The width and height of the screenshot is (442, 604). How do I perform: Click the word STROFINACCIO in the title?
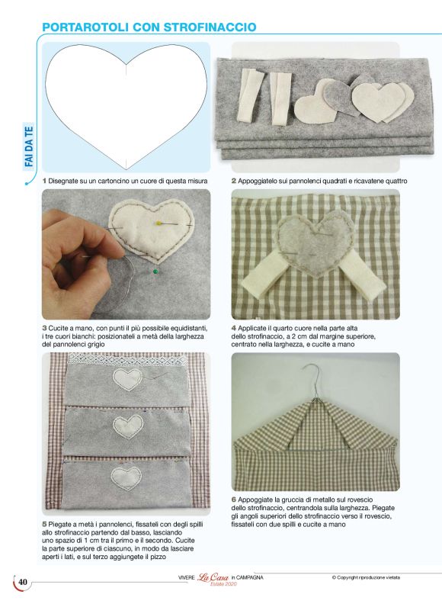pyautogui.click(x=210, y=27)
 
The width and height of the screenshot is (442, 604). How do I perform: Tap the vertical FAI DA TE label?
pyautogui.click(x=29, y=146)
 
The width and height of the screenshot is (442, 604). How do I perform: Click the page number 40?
pyautogui.click(x=23, y=582)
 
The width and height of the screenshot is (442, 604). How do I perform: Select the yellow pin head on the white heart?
pyautogui.click(x=158, y=222)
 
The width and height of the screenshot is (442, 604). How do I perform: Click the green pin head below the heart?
pyautogui.click(x=155, y=271)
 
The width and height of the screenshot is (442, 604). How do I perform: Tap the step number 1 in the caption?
pyautogui.click(x=44, y=181)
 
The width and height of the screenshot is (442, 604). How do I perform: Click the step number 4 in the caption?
pyautogui.click(x=233, y=328)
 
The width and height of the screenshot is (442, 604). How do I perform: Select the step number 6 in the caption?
pyautogui.click(x=233, y=500)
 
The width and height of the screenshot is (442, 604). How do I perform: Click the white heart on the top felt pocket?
pyautogui.click(x=127, y=379)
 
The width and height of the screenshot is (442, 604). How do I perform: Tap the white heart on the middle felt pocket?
pyautogui.click(x=127, y=426)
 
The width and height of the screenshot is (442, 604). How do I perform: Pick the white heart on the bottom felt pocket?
pyautogui.click(x=127, y=477)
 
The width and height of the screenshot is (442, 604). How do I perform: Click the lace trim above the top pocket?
pyautogui.click(x=127, y=360)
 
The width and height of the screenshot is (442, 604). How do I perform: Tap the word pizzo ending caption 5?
pyautogui.click(x=159, y=557)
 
